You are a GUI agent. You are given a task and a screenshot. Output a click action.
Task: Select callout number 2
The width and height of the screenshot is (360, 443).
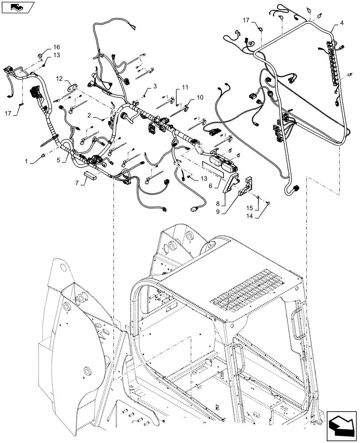pos(89,115)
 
